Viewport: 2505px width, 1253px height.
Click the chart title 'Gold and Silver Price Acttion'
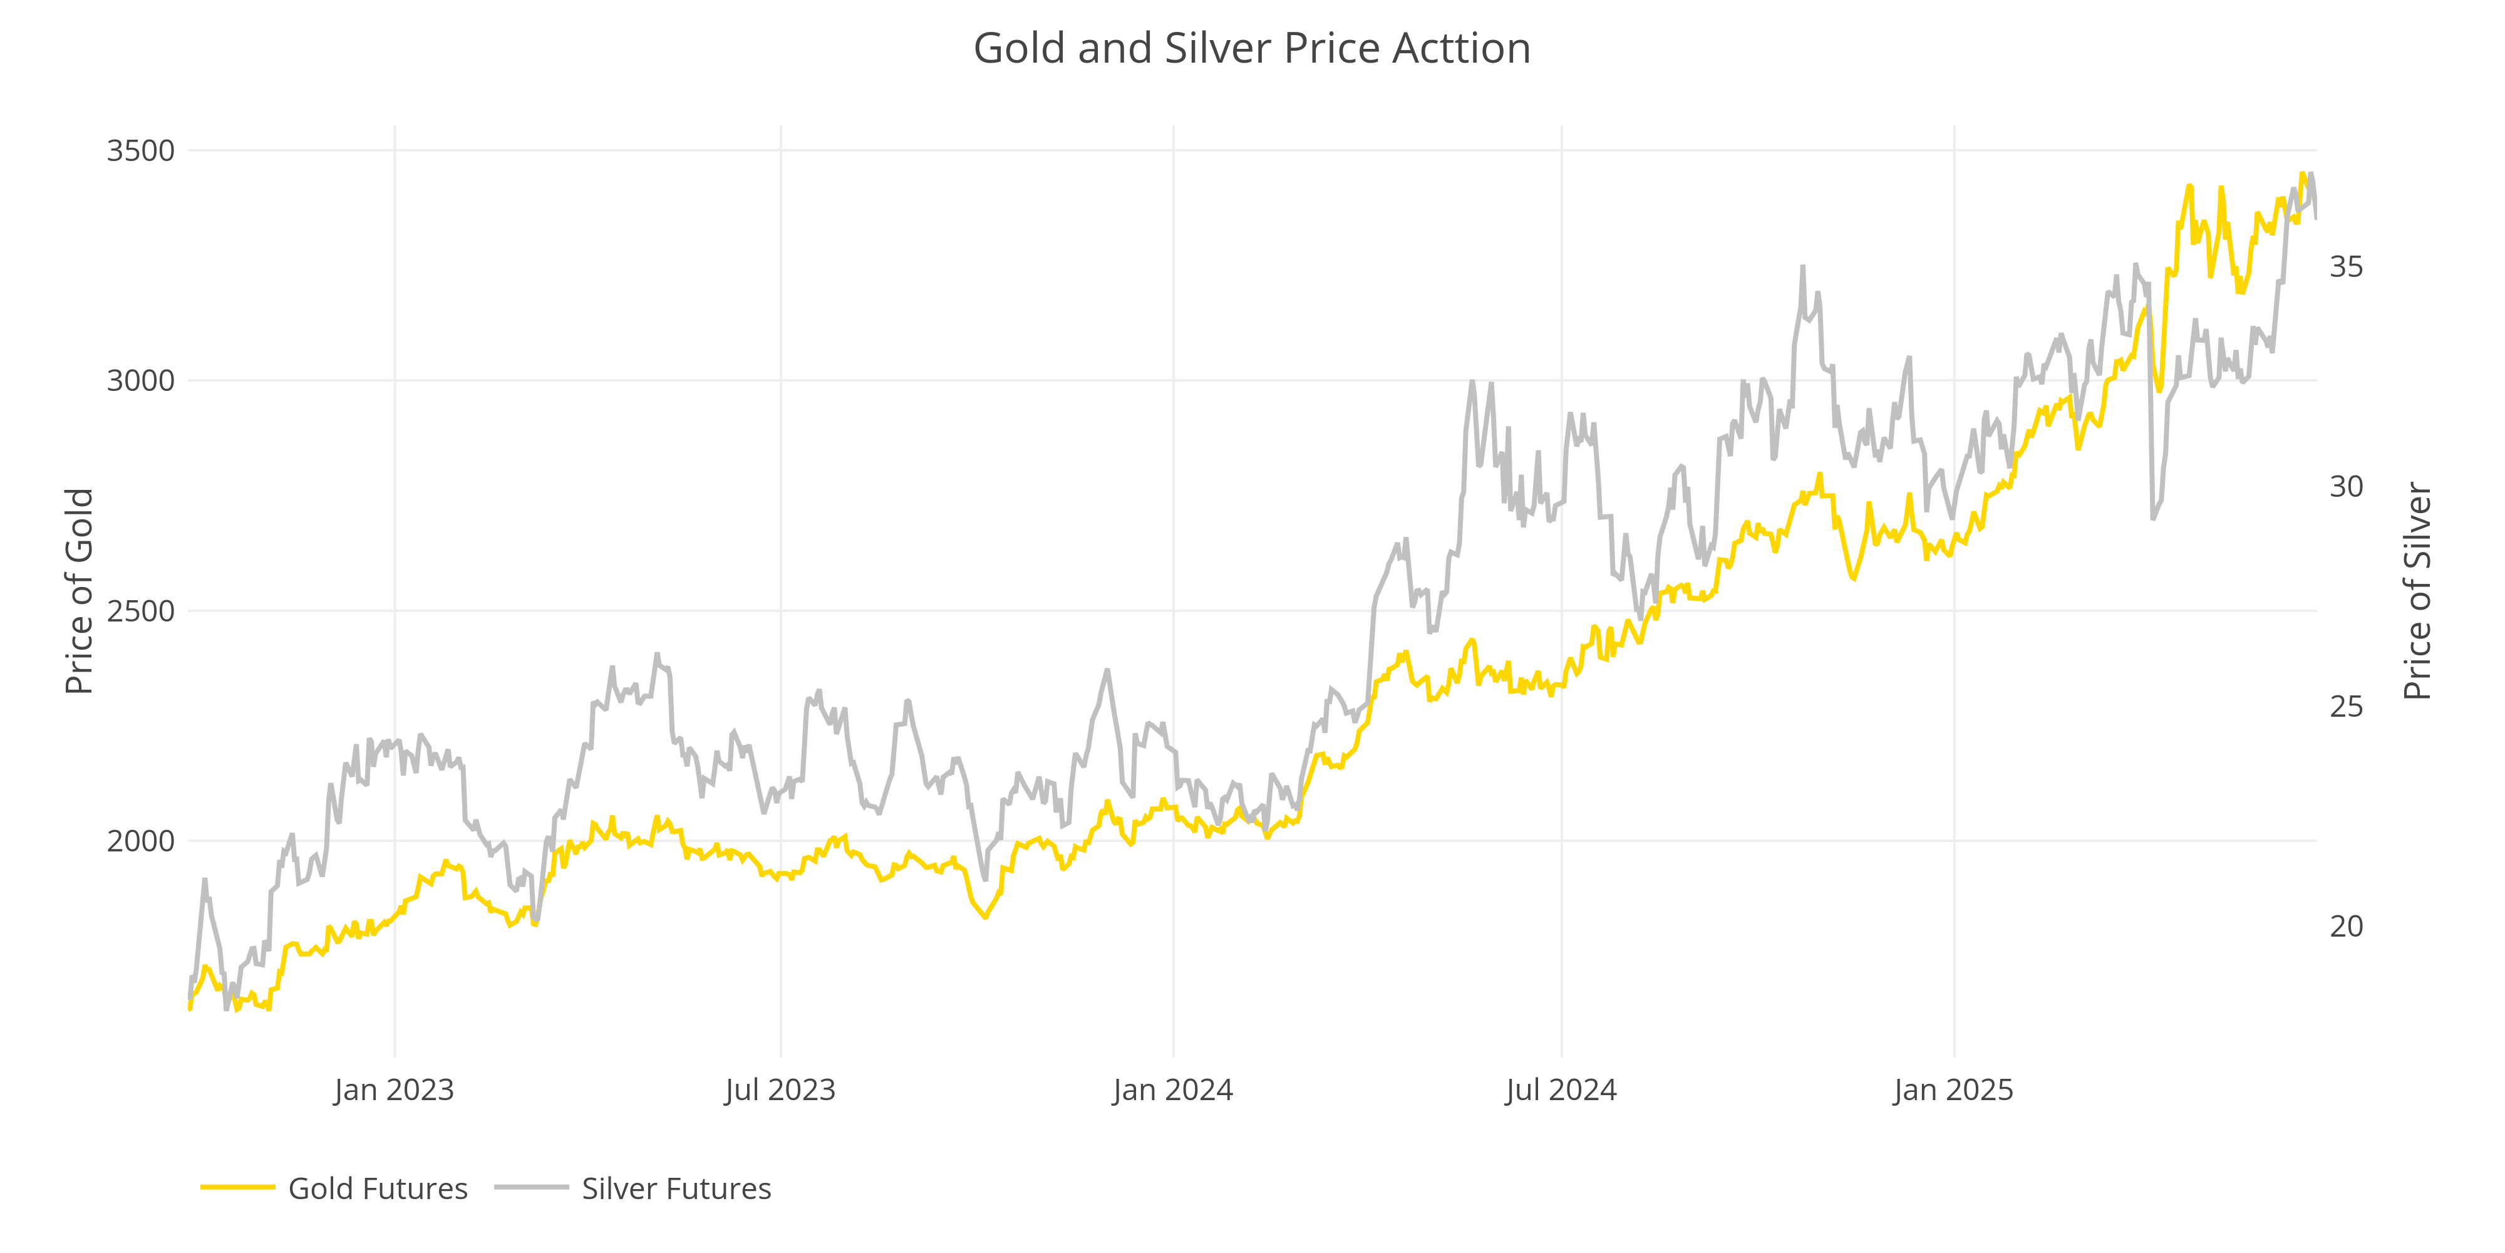1251,49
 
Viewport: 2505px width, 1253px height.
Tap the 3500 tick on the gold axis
140,151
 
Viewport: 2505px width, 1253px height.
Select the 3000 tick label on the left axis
140,380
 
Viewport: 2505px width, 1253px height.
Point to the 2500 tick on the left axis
140,611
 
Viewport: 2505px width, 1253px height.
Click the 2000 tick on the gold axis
140,841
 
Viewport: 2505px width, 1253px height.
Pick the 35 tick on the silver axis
2345,266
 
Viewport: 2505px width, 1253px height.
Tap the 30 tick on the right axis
2345,486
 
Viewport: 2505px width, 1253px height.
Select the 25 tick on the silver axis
2345,706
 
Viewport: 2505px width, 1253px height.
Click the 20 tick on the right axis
2345,926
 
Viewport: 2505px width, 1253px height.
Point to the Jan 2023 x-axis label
394,1089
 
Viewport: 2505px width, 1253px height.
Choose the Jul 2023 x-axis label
780,1089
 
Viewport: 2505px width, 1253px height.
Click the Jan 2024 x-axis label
1173,1089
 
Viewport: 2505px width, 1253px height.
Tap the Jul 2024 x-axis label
1561,1089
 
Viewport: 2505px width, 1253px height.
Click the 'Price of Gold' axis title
79,591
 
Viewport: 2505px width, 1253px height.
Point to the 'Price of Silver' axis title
2417,591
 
